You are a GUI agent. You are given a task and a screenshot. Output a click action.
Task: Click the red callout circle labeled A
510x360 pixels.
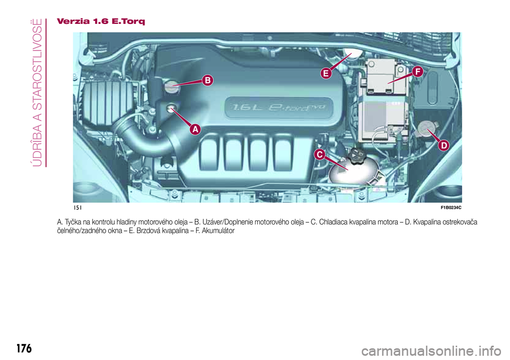195,129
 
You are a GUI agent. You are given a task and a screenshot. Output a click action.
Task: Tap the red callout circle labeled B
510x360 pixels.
208,80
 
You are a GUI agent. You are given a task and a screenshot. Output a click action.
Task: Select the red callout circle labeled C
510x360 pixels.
319,154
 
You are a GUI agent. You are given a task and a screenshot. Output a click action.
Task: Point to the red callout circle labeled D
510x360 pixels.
444,145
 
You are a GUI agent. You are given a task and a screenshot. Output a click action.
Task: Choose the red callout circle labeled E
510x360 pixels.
326,73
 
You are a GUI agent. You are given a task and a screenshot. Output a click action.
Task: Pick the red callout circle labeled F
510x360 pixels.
418,72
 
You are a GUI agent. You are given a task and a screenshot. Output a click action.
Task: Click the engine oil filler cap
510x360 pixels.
172,86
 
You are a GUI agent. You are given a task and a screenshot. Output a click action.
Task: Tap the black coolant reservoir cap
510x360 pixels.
357,153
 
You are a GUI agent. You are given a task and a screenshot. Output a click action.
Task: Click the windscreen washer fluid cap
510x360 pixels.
427,129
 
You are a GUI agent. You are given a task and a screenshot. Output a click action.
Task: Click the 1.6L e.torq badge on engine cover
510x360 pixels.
279,107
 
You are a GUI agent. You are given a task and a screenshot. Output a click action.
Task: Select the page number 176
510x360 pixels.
24,348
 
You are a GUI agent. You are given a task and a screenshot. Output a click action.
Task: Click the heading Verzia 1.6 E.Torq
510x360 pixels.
101,21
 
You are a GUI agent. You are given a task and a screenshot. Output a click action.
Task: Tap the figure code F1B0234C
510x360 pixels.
451,208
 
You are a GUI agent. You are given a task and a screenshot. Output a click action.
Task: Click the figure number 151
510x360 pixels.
78,208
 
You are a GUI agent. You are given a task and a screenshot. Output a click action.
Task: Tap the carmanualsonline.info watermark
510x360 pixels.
431,351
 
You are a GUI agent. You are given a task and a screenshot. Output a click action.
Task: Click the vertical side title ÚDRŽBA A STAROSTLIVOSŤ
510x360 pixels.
38,93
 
